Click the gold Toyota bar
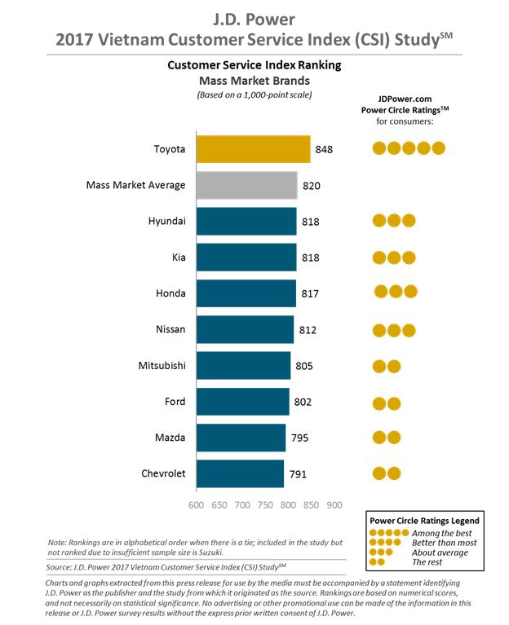[253, 149]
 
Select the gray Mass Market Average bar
[246, 185]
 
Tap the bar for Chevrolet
[240, 473]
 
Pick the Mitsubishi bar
[243, 365]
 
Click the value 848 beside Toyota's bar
[324, 150]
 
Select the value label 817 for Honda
[309, 293]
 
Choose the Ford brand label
[173, 401]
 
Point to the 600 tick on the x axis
[196, 505]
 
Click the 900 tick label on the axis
[334, 505]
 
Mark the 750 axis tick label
[264, 505]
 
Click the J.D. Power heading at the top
[254, 16]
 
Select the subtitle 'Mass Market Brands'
[254, 80]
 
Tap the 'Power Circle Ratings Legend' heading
[424, 520]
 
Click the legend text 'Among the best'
[442, 532]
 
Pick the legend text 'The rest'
[426, 562]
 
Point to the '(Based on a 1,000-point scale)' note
[254, 95]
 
